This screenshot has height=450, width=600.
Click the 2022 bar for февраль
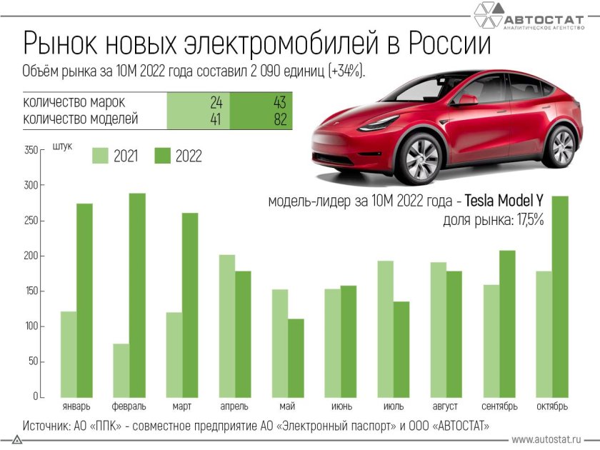click(x=137, y=295)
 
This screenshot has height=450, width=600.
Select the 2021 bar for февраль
click(x=121, y=370)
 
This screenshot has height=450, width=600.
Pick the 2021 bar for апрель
click(x=226, y=326)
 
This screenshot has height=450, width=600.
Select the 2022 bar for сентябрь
click(x=506, y=324)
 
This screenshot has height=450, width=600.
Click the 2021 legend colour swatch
click(x=100, y=156)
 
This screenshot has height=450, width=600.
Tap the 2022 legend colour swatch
click(x=162, y=156)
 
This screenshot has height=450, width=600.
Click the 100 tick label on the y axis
click(x=30, y=326)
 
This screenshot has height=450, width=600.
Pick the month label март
click(x=181, y=406)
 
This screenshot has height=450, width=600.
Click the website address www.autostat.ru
click(x=546, y=439)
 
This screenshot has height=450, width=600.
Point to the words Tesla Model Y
click(x=504, y=202)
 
